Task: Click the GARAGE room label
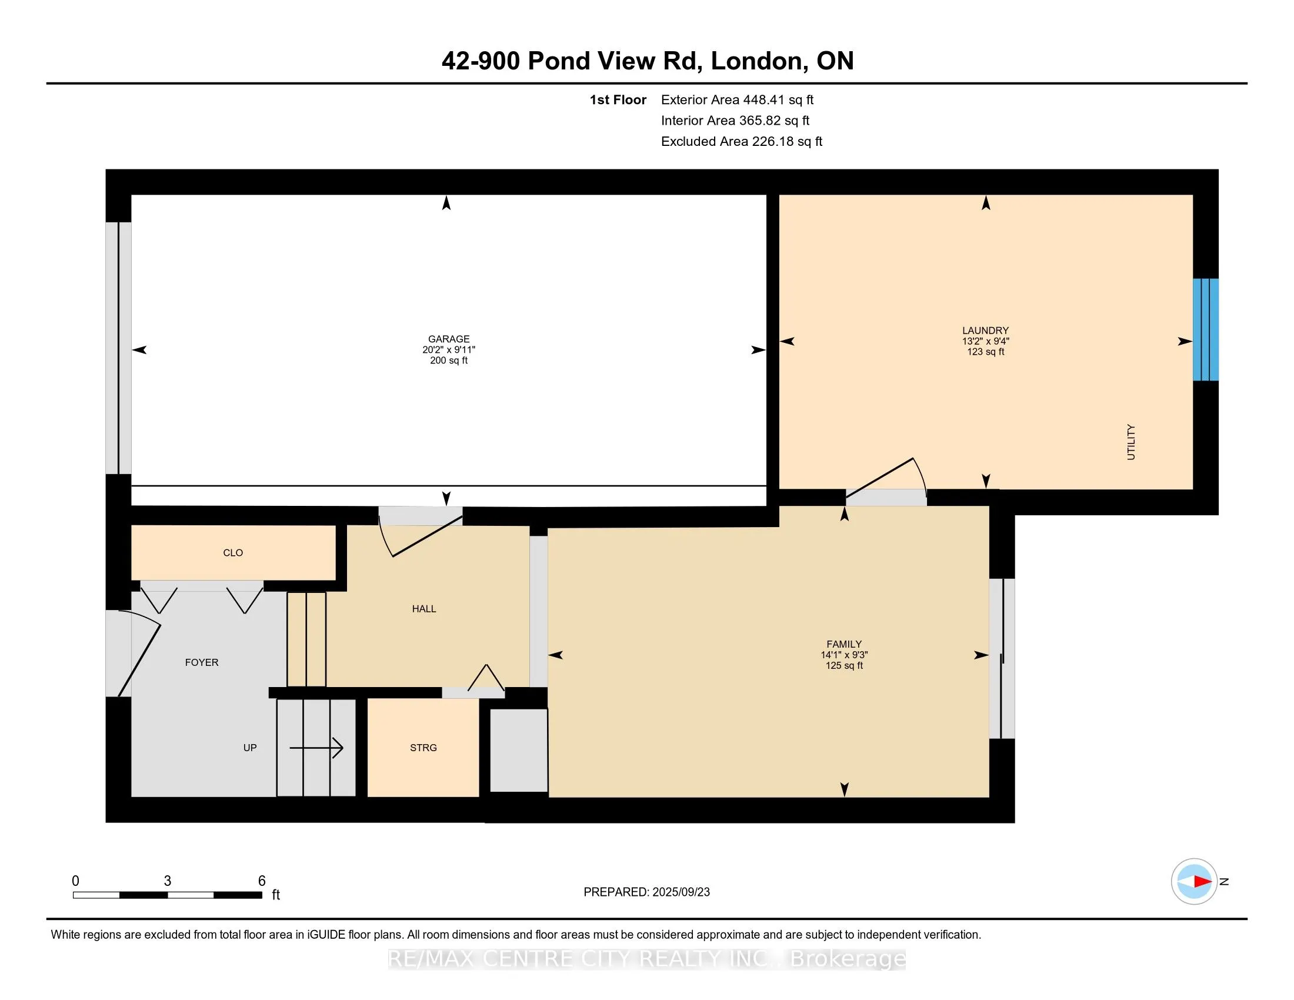click(449, 339)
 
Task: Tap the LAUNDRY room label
click(985, 331)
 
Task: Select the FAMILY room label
click(844, 644)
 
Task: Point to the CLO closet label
click(233, 553)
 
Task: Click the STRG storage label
click(423, 748)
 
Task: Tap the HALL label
click(424, 608)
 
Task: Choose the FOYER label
click(201, 662)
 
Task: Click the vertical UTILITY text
click(1131, 442)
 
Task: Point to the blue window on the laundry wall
click(1206, 329)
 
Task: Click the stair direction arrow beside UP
click(316, 748)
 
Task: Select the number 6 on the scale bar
click(262, 881)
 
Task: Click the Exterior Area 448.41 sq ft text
click(737, 99)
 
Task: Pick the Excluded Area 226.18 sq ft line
click(742, 141)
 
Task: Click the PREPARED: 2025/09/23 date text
click(646, 892)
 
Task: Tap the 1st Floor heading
click(618, 99)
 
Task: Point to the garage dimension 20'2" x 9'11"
click(449, 349)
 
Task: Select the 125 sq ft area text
click(844, 665)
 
